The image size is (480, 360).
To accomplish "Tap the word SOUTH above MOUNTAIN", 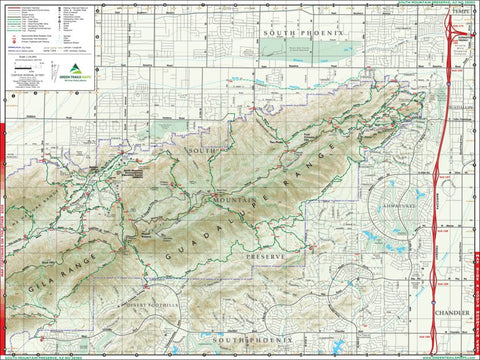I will click(201, 149).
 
